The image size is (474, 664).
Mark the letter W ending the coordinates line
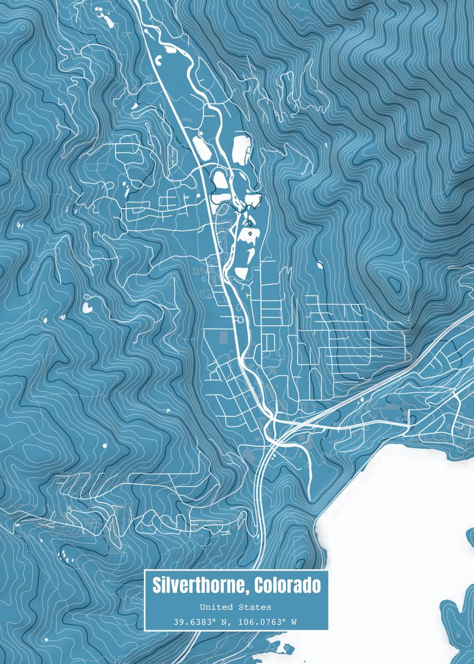click(294, 622)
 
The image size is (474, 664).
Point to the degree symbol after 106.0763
click(284, 620)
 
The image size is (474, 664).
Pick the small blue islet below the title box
click(287, 647)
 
